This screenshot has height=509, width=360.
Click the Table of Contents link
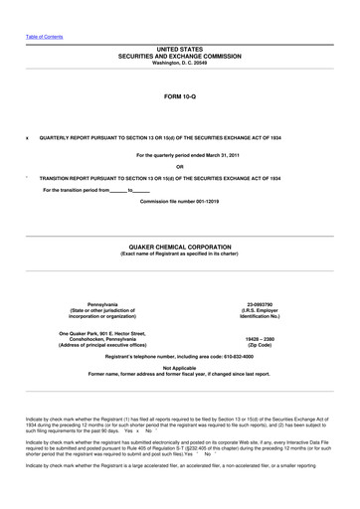coord(44,37)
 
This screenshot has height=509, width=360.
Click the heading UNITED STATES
coord(179,48)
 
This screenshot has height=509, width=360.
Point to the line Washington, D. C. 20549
coord(179,64)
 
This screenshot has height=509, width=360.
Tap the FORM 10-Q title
coord(179,97)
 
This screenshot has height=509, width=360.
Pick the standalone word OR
coord(179,166)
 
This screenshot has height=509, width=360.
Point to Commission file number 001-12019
coord(179,201)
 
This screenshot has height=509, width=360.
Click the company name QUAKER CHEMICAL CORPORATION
coord(179,246)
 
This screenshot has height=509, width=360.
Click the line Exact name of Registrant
coord(179,254)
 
